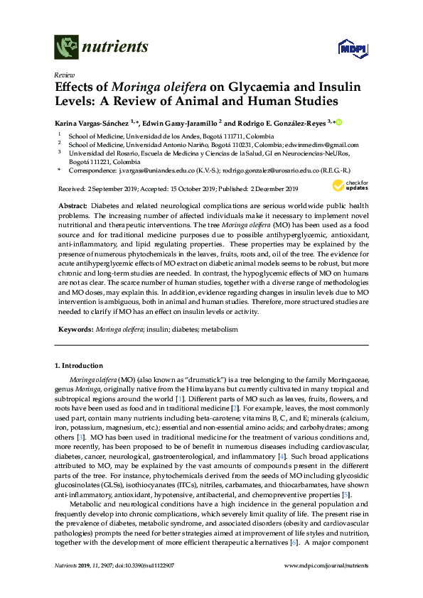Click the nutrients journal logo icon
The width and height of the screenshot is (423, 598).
click(x=65, y=47)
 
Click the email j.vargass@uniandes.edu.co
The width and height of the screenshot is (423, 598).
click(x=157, y=171)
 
